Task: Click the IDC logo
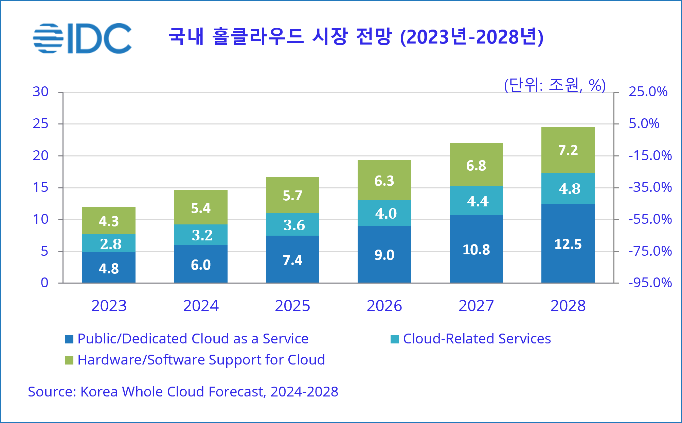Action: [x=83, y=37]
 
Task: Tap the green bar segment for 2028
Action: [x=568, y=150]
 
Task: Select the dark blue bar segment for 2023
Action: [x=109, y=268]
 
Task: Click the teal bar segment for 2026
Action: [x=384, y=213]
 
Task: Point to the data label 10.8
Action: [x=476, y=250]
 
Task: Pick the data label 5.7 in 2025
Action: [x=292, y=196]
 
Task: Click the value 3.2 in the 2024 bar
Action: [x=202, y=235]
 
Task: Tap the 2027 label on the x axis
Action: [x=476, y=306]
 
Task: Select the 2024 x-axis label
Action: [x=201, y=306]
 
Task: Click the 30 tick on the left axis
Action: [x=40, y=91]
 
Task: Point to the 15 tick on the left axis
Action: [x=40, y=187]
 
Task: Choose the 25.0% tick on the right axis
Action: [x=648, y=91]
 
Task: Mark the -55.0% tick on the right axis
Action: [x=650, y=219]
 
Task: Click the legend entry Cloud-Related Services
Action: [x=477, y=339]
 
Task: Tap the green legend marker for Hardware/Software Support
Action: [x=69, y=360]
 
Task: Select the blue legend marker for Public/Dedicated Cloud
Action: [x=69, y=339]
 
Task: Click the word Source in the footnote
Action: [x=51, y=392]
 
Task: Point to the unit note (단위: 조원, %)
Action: [x=555, y=85]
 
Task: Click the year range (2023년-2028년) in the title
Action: [x=472, y=37]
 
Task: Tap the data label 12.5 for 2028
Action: [x=568, y=244]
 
